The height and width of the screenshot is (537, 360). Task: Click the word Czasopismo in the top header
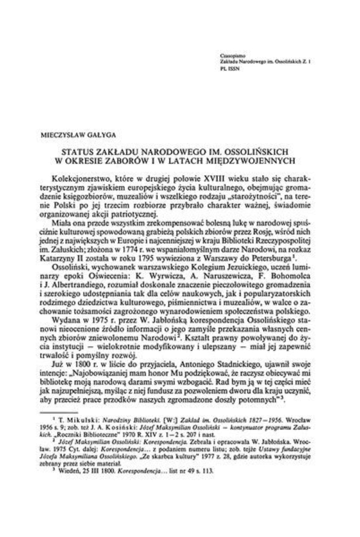(230, 55)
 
